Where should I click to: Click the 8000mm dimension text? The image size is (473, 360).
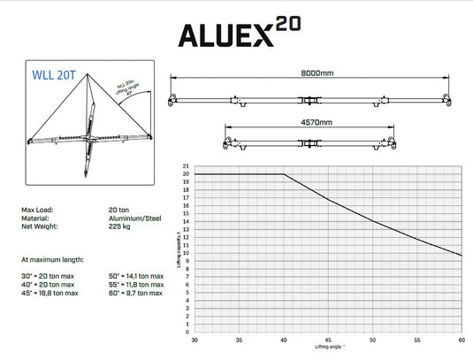[x=316, y=74]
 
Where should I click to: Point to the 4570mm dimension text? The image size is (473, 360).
[x=316, y=122]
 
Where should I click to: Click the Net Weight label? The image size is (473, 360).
[x=39, y=227]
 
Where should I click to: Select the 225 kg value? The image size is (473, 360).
[x=119, y=227]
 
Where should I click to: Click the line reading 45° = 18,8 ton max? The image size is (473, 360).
[x=56, y=293]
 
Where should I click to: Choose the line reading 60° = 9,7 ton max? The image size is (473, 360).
[x=134, y=293]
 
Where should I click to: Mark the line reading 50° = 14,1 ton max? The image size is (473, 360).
[x=135, y=276]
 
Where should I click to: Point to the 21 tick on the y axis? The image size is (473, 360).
[x=185, y=165]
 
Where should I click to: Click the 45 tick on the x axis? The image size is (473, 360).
[x=328, y=341]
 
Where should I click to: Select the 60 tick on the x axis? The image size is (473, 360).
[x=462, y=341]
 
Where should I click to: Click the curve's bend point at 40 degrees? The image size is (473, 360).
[x=284, y=174]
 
